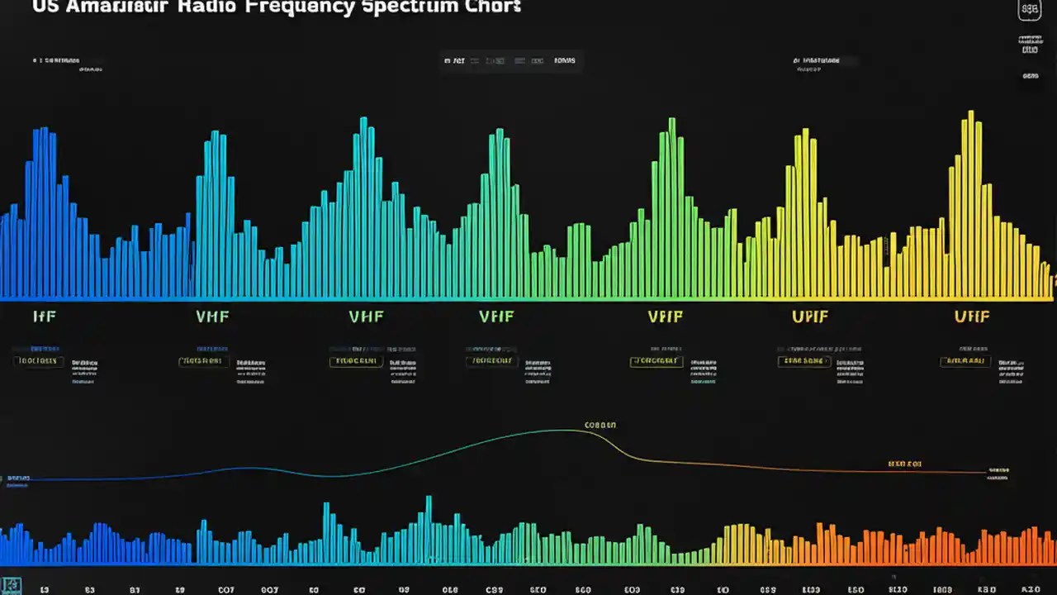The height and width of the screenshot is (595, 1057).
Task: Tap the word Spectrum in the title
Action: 396,7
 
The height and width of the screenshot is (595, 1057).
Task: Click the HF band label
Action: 44,316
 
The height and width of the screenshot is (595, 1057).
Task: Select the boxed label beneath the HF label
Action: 38,361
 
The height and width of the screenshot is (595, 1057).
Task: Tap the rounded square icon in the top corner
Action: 1030,10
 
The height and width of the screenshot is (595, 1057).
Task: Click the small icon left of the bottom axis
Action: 12,584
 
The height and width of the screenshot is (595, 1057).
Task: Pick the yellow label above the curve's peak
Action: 600,425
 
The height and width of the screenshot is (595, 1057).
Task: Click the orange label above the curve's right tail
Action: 904,464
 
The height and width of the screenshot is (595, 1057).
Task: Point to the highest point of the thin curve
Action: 570,430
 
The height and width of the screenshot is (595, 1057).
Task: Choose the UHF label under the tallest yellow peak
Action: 972,316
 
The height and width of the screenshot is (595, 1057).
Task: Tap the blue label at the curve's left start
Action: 18,478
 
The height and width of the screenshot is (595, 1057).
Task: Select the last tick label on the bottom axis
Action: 1030,590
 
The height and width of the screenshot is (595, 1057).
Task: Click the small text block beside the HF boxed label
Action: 84,371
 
